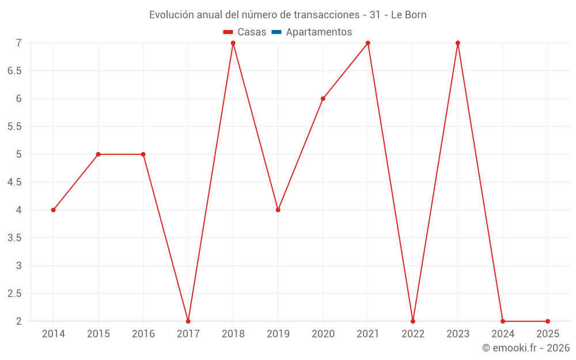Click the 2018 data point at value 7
click(233, 43)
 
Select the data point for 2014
click(54, 210)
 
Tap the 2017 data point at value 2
click(188, 321)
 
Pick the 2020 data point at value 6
click(323, 98)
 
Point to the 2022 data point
click(413, 321)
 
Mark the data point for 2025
click(548, 321)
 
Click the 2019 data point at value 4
click(278, 210)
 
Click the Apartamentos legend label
click(319, 32)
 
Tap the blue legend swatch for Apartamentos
click(276, 32)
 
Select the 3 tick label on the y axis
click(18, 266)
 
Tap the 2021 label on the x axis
click(368, 334)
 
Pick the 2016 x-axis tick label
click(143, 334)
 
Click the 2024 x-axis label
click(503, 334)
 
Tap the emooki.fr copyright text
click(526, 348)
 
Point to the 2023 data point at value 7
click(458, 43)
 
